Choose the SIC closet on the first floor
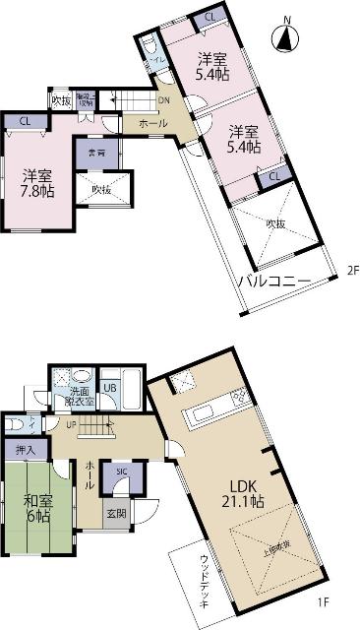pyautogui.click(x=121, y=472)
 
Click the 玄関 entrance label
pyautogui.click(x=116, y=515)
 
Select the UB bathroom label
pyautogui.click(x=111, y=388)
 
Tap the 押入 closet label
pyautogui.click(x=26, y=450)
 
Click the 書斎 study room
pyautogui.click(x=96, y=154)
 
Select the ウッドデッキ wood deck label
pyautogui.click(x=204, y=581)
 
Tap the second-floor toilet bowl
pyautogui.click(x=149, y=49)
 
